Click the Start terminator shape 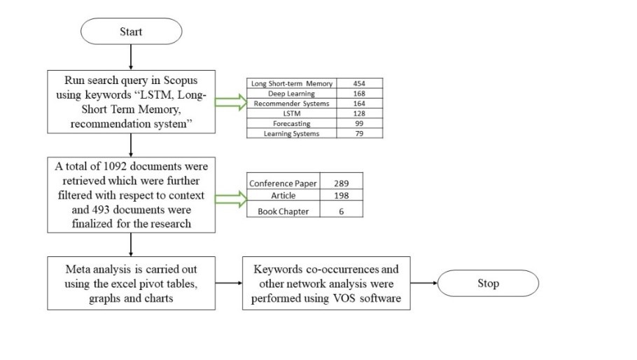click(x=131, y=32)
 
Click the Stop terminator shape click(x=488, y=283)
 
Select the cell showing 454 click(x=360, y=83)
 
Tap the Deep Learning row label click(x=291, y=93)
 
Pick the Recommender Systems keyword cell click(x=291, y=104)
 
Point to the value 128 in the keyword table click(x=360, y=113)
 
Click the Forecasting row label click(x=291, y=123)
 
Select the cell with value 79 click(x=360, y=133)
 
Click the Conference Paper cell click(x=283, y=184)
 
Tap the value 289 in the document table click(x=342, y=184)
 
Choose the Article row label click(x=283, y=195)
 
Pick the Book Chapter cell click(x=283, y=212)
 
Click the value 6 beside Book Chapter click(x=342, y=212)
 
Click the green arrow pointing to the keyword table click(x=231, y=102)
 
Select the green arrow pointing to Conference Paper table click(x=231, y=199)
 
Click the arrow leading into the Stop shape click(x=423, y=283)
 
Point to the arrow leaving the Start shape click(x=131, y=57)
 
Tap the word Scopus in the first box click(x=181, y=80)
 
